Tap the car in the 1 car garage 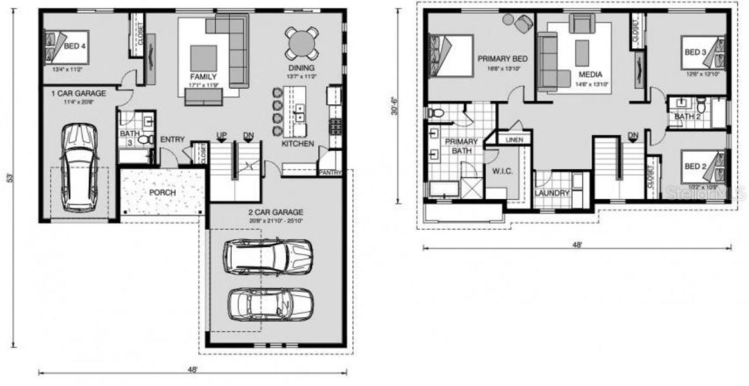click(77, 163)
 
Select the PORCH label click(163, 192)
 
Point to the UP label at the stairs click(222, 135)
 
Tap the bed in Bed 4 click(66, 45)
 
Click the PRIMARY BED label click(502, 59)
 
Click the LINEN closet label click(514, 140)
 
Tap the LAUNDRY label click(552, 193)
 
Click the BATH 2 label click(687, 116)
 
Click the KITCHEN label click(298, 144)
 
